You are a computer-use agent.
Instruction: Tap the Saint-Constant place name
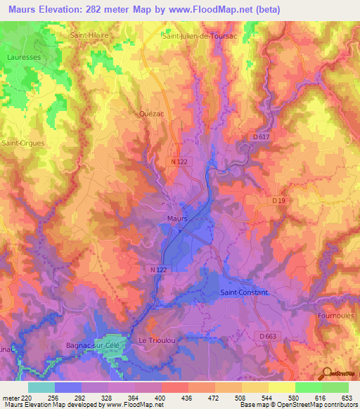tap(244, 292)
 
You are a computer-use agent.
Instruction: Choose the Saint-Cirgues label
tap(23, 143)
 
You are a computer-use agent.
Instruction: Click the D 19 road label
tap(281, 201)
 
